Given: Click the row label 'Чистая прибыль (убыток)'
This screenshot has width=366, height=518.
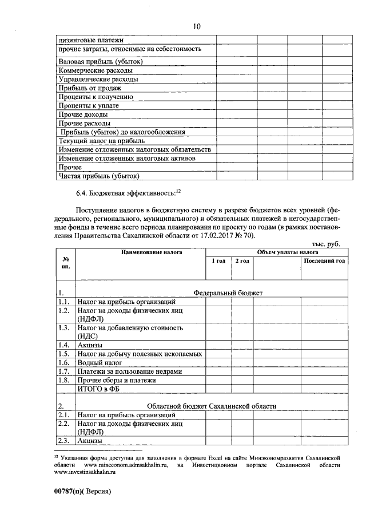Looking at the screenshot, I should point(99,176).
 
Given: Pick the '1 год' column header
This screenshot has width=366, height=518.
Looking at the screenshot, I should point(218,261).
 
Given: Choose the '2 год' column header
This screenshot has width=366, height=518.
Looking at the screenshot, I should point(242,261).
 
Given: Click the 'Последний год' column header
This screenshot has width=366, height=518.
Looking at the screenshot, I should point(324,261).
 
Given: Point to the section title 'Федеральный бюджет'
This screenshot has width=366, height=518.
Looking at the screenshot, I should point(228,292).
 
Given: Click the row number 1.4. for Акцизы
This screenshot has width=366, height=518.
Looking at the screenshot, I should point(65,345).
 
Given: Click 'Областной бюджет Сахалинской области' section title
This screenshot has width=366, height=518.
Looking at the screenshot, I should point(211,406).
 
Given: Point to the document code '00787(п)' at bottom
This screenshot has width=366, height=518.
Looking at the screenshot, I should point(69,492).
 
